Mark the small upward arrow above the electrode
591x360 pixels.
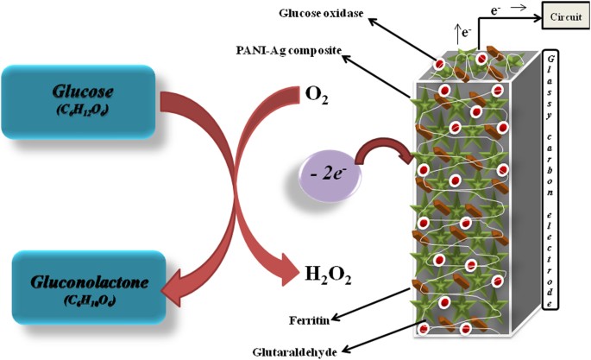coord(455,35)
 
